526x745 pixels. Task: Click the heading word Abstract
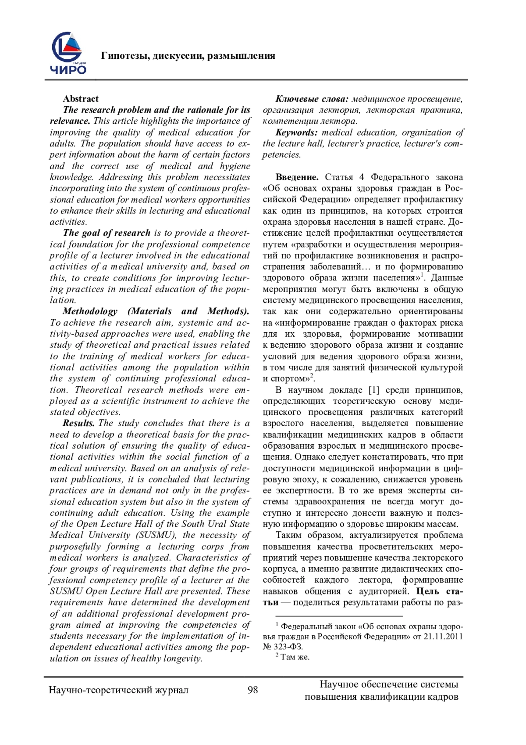point(81,99)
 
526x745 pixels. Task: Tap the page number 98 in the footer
point(253,690)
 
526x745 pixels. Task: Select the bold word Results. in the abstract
point(79,423)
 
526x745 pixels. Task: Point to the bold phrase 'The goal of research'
point(107,233)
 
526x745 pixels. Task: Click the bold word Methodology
point(90,311)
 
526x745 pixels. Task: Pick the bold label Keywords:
point(297,133)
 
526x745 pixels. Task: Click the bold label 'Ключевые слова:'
point(312,99)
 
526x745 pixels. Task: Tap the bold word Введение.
point(297,177)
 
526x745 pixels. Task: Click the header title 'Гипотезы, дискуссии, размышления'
point(188,56)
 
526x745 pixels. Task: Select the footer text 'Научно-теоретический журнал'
point(118,690)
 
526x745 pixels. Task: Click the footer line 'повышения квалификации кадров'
point(381,696)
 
